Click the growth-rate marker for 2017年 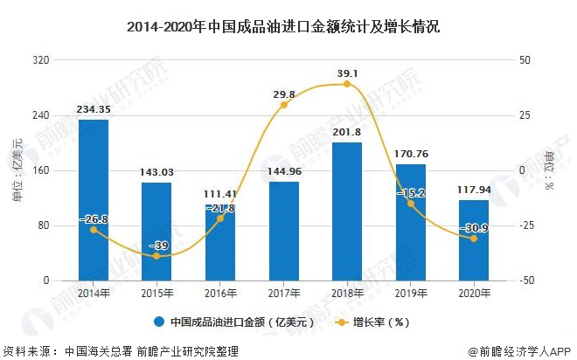click(x=284, y=105)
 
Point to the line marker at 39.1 click(x=347, y=84)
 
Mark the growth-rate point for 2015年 click(x=156, y=256)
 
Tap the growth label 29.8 click(x=284, y=93)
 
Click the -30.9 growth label click(x=474, y=227)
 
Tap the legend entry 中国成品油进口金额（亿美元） click(x=233, y=321)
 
